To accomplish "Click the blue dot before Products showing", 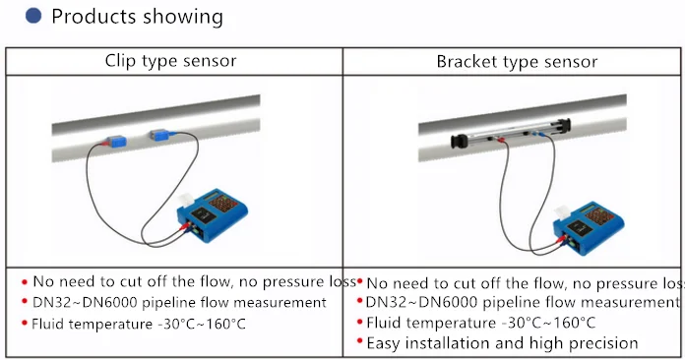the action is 33,17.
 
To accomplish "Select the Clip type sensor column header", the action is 171,61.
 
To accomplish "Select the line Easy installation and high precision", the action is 502,343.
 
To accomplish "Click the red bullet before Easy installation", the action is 359,343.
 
